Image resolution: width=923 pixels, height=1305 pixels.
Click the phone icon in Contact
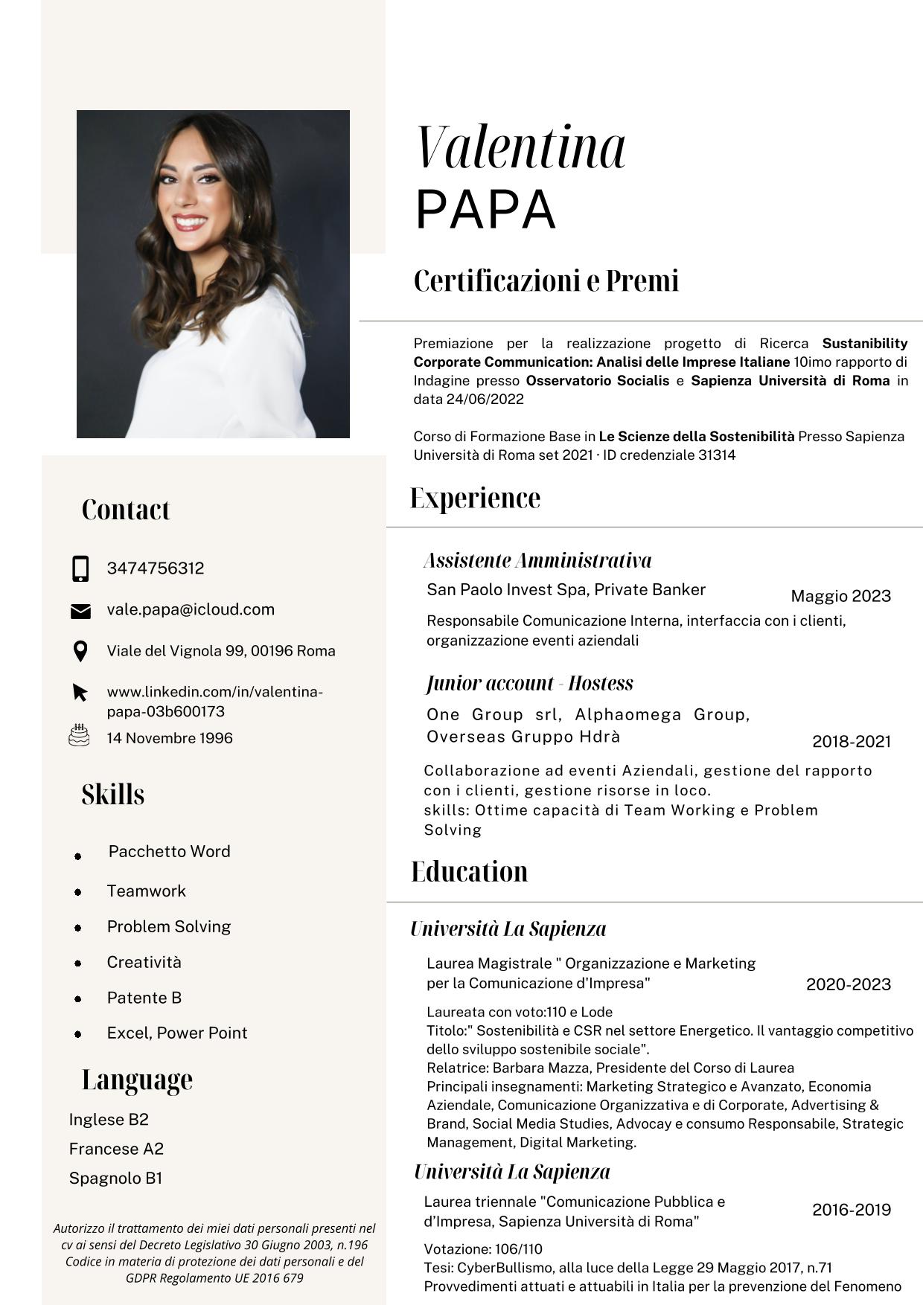(x=80, y=568)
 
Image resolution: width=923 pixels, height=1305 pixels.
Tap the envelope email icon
(x=80, y=611)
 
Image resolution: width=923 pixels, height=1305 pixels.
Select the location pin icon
(x=80, y=651)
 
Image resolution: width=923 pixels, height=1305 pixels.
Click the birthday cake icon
(x=79, y=736)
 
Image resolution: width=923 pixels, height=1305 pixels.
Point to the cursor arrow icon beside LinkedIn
(x=80, y=693)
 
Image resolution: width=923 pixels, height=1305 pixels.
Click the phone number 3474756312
(x=156, y=568)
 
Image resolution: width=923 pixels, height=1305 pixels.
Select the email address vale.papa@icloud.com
(x=191, y=609)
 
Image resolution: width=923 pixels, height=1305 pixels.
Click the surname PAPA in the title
(x=485, y=210)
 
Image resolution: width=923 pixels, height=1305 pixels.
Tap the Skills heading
(x=113, y=795)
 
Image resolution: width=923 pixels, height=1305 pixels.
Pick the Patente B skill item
(x=144, y=998)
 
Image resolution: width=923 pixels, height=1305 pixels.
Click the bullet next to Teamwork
(x=78, y=892)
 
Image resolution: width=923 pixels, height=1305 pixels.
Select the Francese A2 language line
(x=116, y=1149)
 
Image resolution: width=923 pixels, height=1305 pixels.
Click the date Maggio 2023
(x=840, y=596)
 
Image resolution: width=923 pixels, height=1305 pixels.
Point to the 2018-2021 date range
(x=852, y=741)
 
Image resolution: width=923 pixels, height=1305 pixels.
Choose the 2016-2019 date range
(x=852, y=1210)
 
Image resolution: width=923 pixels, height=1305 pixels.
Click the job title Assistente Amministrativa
(x=537, y=560)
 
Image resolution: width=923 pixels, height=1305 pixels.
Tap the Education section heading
(x=470, y=871)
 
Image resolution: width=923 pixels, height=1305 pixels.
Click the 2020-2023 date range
(x=849, y=984)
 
